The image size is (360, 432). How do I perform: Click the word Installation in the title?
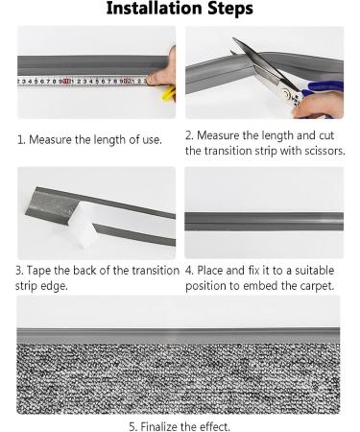pyautogui.click(x=155, y=8)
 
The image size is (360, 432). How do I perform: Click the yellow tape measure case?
pyautogui.click(x=169, y=93)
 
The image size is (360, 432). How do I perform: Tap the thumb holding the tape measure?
pyautogui.click(x=159, y=78)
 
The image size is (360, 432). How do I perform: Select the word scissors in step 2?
pyautogui.click(x=324, y=151)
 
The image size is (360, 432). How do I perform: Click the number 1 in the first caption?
pyautogui.click(x=21, y=139)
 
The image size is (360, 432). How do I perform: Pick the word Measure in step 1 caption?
pyautogui.click(x=50, y=139)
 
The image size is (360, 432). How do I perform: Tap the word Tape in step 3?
pyautogui.click(x=39, y=271)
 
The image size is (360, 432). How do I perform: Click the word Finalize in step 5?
pyautogui.click(x=158, y=426)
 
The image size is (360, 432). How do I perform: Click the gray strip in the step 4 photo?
pyautogui.click(x=264, y=221)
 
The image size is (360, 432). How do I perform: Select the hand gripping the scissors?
pyautogui.click(x=319, y=104)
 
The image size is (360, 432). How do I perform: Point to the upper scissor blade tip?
pyautogui.click(x=233, y=38)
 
